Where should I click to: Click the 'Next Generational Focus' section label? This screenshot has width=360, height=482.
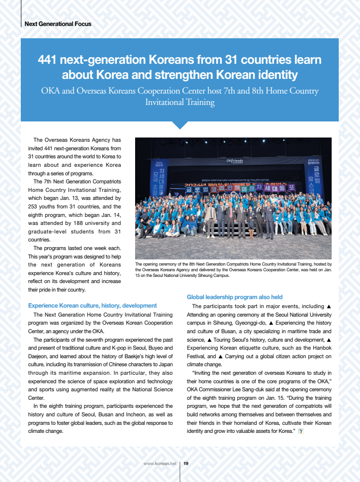[x=58, y=24]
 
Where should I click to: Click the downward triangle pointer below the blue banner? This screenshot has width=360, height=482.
[x=180, y=125]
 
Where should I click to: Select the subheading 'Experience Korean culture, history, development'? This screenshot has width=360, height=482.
[x=93, y=306]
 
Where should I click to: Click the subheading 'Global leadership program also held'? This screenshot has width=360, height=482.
[x=235, y=297]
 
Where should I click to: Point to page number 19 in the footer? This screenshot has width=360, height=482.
[x=186, y=464]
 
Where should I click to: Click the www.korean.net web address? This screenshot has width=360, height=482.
[x=160, y=464]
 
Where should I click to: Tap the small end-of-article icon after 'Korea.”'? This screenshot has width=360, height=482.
[x=301, y=431]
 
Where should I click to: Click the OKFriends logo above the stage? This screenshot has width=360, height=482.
[x=234, y=161]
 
